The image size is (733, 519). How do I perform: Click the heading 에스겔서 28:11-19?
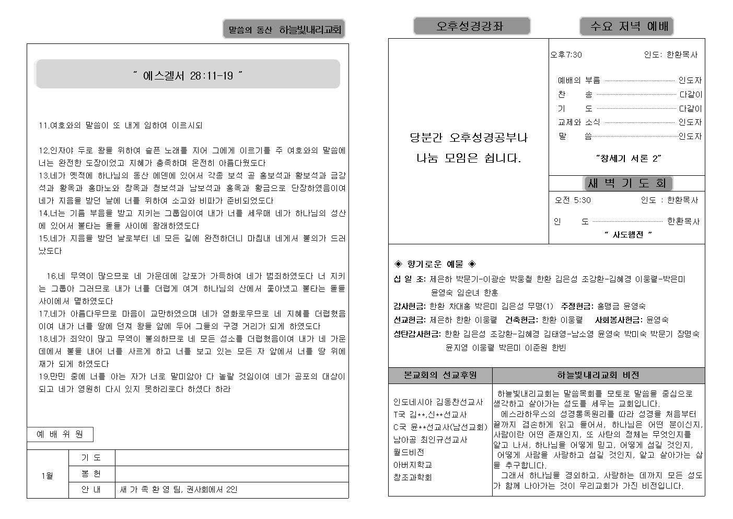coord(188,75)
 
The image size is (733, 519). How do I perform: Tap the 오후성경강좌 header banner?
coord(471,26)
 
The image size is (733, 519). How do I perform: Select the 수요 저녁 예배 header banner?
coord(626,26)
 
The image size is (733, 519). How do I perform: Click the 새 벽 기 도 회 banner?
coord(627,183)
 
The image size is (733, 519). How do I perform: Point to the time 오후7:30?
coord(566,55)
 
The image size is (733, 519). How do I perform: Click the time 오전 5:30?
coord(573,200)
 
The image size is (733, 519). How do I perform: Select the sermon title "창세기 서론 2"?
coord(628,158)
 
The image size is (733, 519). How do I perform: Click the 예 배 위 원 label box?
coord(60,434)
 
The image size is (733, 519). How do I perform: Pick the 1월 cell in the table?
coord(48,475)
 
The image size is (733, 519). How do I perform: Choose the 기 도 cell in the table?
coord(91,458)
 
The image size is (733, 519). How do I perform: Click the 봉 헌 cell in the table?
coord(91,474)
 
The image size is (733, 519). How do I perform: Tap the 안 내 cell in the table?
coord(91,490)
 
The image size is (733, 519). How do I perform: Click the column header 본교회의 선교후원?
coord(440,375)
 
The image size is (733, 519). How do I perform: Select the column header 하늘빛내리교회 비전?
coord(598,375)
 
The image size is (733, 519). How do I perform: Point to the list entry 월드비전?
coord(409,452)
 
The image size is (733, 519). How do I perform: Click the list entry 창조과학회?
coord(412,477)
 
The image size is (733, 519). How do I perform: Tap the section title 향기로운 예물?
coord(435,264)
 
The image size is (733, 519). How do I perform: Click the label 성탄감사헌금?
coord(417,334)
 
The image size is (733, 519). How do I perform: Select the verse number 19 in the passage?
coord(43,377)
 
